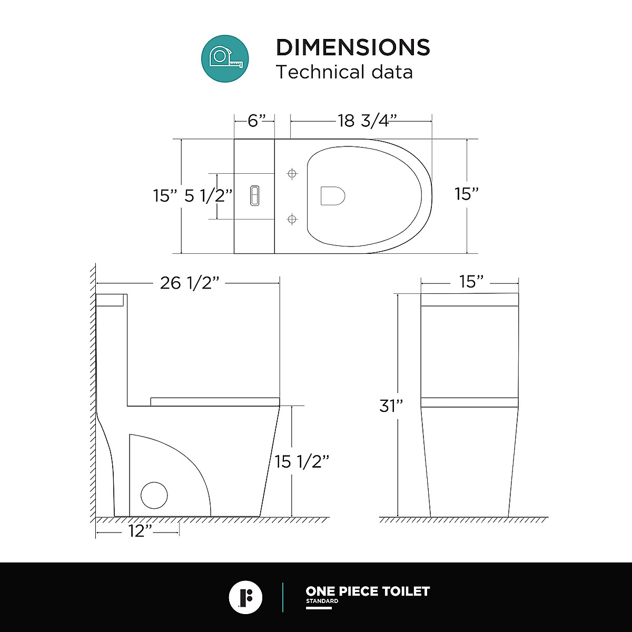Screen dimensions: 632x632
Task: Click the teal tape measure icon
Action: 225,58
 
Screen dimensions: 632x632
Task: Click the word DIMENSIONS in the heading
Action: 353,47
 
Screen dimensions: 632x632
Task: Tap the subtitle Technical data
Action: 344,72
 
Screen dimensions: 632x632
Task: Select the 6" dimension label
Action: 256,121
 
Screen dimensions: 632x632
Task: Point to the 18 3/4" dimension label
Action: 368,121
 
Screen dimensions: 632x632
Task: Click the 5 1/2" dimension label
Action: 208,196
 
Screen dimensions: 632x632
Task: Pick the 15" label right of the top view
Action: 467,194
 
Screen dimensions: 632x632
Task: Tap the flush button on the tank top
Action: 255,196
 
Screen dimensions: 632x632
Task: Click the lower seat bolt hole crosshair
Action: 292,219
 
